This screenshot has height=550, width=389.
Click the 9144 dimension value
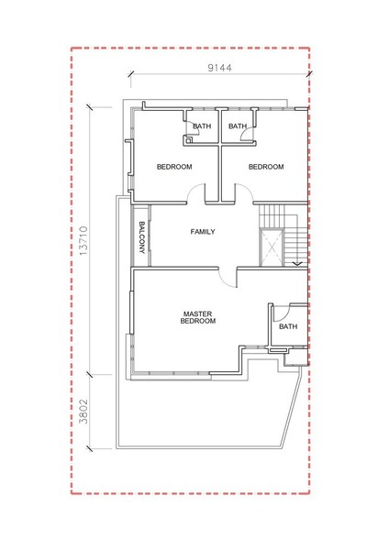[220, 68]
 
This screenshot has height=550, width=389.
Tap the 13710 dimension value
[83, 240]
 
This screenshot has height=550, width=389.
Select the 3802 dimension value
[83, 411]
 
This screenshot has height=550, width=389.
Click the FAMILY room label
[203, 232]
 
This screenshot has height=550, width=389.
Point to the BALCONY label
[142, 237]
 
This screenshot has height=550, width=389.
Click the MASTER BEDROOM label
[198, 317]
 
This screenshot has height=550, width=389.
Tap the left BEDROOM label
[174, 167]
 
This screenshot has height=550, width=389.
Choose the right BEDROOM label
[266, 167]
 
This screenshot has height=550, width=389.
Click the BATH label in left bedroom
[202, 126]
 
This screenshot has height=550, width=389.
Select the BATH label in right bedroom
[238, 126]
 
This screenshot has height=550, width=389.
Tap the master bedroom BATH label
[288, 326]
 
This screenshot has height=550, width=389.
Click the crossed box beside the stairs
[272, 247]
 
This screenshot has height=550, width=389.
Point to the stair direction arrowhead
[297, 263]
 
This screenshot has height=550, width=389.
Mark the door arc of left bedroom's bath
[196, 127]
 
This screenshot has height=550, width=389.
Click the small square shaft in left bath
[188, 140]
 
